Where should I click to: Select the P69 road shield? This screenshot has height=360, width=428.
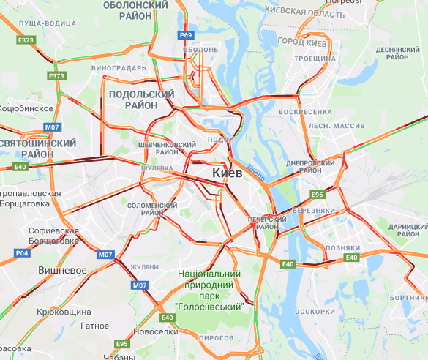[x=186, y=35]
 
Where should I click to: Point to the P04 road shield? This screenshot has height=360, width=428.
[x=22, y=252]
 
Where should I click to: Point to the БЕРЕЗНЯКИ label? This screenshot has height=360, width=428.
[x=314, y=210]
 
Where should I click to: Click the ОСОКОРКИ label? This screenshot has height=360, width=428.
[x=314, y=311]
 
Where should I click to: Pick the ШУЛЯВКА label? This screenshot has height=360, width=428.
[x=157, y=168]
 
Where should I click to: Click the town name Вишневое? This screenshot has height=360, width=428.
[x=63, y=270]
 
